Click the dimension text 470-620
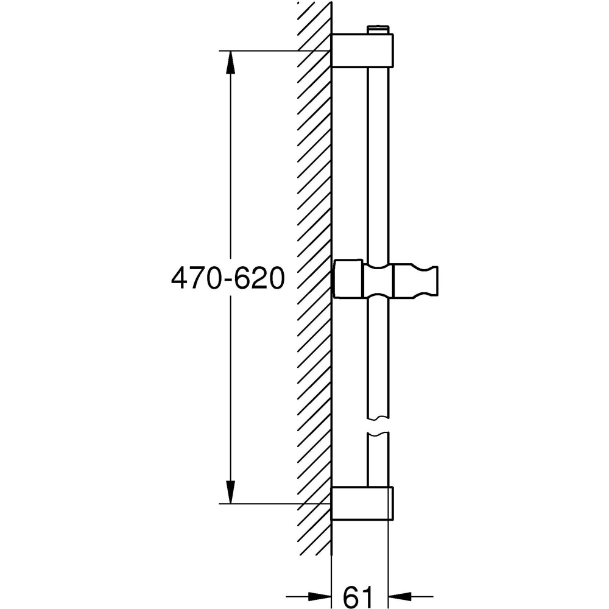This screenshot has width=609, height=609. [228, 279]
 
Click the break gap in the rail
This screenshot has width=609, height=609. [378, 426]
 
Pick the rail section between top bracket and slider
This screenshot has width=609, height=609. [378, 164]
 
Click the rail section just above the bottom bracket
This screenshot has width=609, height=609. [378, 463]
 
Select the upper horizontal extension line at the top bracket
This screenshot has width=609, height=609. [274, 50]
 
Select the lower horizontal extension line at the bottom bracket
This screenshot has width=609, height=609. [274, 504]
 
